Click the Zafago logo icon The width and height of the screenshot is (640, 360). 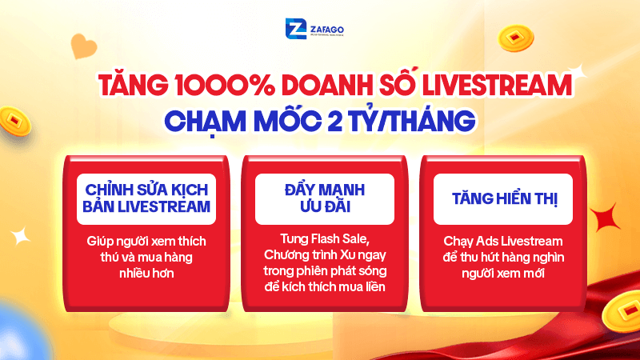coord(295,30)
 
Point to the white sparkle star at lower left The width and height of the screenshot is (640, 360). coord(22,234)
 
